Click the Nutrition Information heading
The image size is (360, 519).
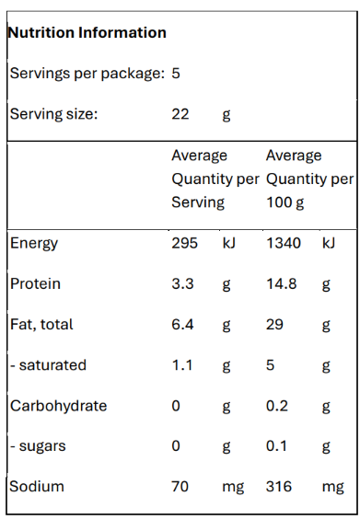(87, 32)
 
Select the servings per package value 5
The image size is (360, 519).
(176, 73)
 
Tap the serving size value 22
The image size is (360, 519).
(180, 114)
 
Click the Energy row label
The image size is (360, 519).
(34, 244)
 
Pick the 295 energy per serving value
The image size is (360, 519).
(184, 243)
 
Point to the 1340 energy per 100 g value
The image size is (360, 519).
(284, 243)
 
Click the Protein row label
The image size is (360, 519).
(35, 283)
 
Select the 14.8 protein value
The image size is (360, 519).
(282, 283)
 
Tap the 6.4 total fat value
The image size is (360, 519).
(182, 324)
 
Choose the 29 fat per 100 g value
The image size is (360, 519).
(274, 324)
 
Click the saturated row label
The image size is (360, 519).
(49, 365)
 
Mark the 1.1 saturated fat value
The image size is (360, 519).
(182, 365)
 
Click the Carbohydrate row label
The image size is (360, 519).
(58, 406)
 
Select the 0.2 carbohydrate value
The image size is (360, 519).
(277, 406)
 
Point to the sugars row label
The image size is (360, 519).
(38, 446)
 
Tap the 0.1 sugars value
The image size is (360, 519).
(276, 446)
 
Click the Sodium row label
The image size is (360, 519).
(37, 487)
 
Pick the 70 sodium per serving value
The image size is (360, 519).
(180, 487)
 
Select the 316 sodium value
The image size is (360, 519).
(279, 487)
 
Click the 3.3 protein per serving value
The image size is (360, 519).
(182, 283)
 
